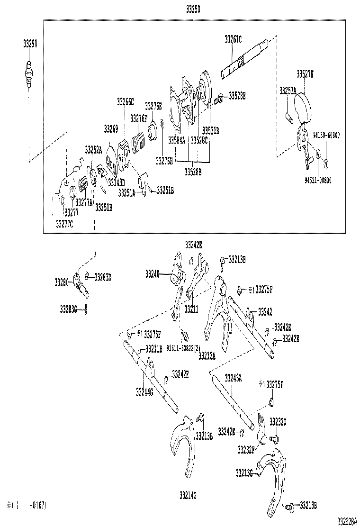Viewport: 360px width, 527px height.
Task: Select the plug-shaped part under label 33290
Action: [x=29, y=75]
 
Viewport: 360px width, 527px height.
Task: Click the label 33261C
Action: [x=233, y=40]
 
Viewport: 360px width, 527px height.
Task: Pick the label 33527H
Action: [x=305, y=73]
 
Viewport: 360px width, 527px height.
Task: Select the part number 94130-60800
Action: [x=326, y=136]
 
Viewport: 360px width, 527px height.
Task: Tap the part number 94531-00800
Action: [x=318, y=180]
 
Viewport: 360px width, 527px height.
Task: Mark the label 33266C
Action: [x=126, y=101]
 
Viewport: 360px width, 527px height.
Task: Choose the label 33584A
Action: [x=177, y=140]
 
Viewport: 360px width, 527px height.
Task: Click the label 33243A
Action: [x=233, y=378]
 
